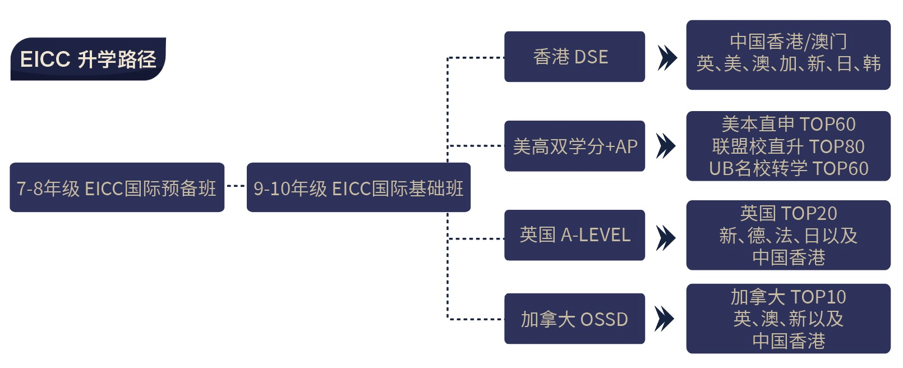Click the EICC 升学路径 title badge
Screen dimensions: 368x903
tap(88, 59)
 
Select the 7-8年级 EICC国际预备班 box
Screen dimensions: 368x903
tap(117, 187)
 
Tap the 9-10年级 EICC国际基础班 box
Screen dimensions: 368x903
tap(358, 187)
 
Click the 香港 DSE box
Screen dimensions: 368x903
tap(574, 57)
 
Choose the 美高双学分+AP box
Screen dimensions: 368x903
tap(574, 146)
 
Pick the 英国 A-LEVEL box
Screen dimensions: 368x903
tap(574, 235)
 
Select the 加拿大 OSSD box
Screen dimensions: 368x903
tap(574, 319)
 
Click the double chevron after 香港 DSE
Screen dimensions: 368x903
tap(666, 57)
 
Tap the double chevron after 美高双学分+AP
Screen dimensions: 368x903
tap(666, 146)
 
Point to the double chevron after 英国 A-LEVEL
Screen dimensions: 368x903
tap(666, 237)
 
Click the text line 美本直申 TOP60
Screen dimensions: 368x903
tap(788, 124)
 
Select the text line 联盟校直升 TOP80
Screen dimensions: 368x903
tap(788, 146)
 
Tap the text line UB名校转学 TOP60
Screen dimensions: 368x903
tap(788, 168)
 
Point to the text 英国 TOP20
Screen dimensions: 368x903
tap(788, 213)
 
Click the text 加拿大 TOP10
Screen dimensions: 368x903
tap(788, 297)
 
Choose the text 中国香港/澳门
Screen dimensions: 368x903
tap(788, 42)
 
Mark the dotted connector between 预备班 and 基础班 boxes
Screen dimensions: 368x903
tap(236, 186)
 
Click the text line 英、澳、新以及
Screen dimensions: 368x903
tap(788, 319)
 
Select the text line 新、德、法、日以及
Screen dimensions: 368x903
tap(788, 236)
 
